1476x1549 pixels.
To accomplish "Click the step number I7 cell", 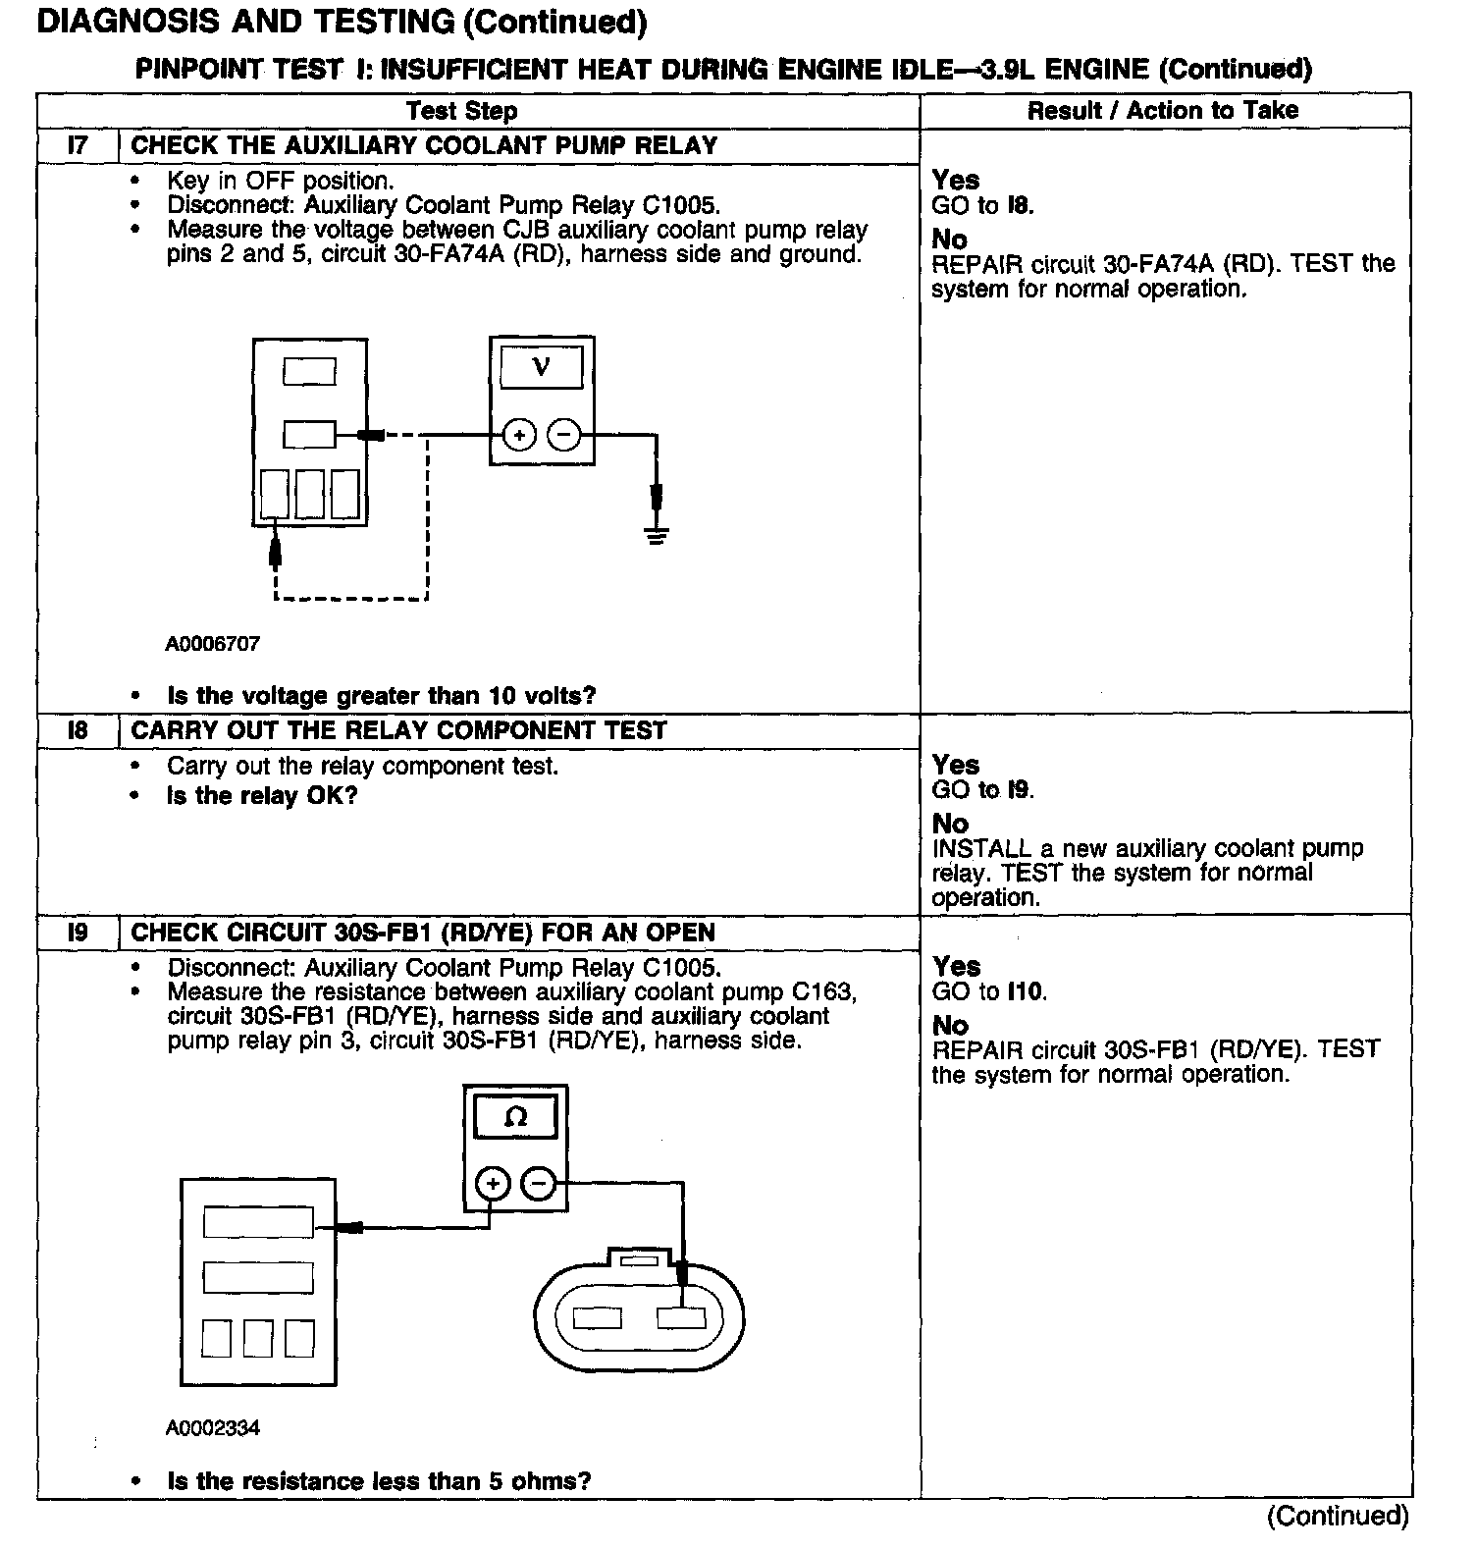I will point(78,146).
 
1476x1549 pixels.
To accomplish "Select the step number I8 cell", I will point(78,731).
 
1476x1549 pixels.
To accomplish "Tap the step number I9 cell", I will point(78,933).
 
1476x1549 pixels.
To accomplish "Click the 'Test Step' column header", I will point(461,111).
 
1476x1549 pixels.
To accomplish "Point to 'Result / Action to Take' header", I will point(1163,111).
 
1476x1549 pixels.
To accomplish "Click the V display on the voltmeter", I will point(541,367).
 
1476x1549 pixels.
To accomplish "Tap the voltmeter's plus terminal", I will point(520,434).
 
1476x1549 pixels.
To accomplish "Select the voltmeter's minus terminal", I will point(563,434).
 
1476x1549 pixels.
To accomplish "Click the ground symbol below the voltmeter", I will point(657,535).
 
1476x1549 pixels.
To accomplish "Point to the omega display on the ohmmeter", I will point(515,1117).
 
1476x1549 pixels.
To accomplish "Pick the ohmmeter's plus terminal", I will point(494,1185).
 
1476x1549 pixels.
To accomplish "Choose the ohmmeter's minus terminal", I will point(538,1185).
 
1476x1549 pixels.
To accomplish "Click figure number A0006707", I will point(213,644).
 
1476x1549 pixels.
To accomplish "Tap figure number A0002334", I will point(213,1427).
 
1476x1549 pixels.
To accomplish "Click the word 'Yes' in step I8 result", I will point(956,765).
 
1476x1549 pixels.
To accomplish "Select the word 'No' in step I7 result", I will point(949,240).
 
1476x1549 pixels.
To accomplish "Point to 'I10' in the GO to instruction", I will point(1027,992).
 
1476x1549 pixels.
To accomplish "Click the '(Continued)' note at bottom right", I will point(1338,1517).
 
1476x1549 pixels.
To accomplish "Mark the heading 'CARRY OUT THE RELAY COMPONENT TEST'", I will point(398,731).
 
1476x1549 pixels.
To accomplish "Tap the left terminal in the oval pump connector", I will point(597,1317).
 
